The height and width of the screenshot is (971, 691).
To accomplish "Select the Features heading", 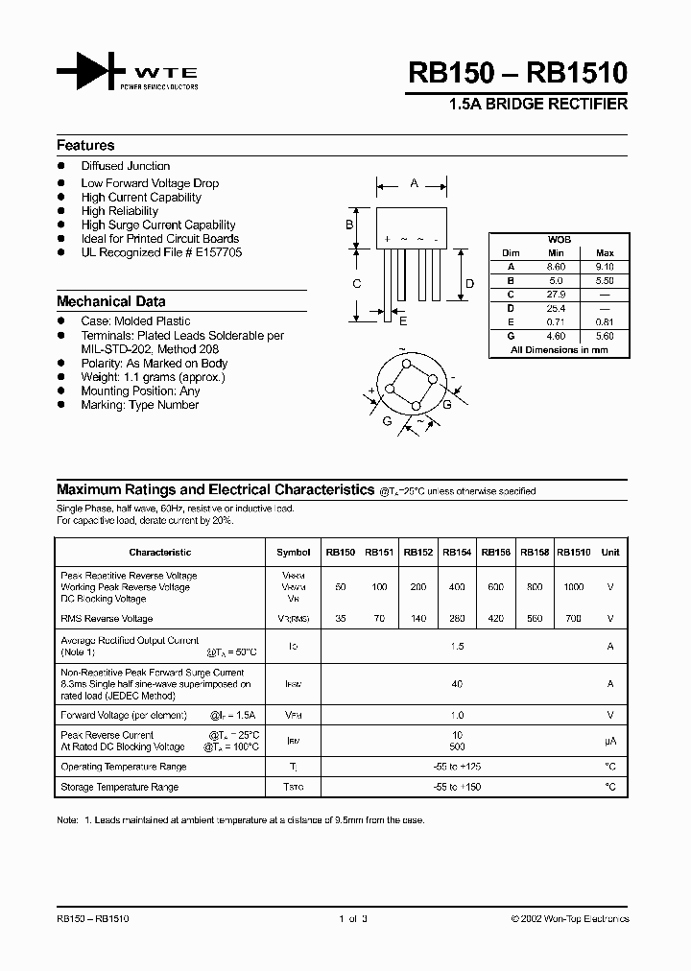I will point(85,146).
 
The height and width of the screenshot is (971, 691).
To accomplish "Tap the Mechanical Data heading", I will point(110,300).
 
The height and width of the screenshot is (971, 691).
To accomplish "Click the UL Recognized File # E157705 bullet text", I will point(161,252).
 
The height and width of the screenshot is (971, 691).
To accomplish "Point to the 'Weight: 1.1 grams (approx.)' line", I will point(153,377).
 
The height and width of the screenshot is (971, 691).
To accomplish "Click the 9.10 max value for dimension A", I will point(605,267).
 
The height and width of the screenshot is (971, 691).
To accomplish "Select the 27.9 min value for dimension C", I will point(557,295).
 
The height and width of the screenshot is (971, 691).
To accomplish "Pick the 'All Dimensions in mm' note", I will point(559,350).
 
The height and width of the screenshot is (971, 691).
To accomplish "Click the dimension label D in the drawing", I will point(469,283).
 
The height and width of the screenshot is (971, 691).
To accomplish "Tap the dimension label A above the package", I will point(414,182).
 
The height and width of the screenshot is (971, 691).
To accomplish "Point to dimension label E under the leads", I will point(403,320).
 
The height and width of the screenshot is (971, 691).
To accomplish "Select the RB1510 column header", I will point(574,553).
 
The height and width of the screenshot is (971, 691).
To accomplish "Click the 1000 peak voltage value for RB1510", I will point(574,586).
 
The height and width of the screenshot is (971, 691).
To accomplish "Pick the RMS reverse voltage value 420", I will point(496,619).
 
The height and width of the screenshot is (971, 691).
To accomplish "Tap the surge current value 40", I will point(457,684).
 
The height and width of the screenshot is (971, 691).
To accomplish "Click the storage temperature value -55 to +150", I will point(457,787).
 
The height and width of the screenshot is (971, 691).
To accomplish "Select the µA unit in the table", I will point(609,740).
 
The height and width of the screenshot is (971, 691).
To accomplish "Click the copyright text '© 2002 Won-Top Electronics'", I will point(569,919).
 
